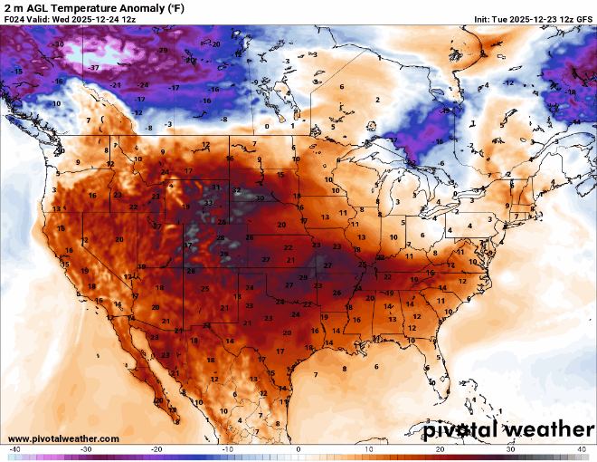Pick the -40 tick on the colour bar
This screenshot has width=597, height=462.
[14, 449]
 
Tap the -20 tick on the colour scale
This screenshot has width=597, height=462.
[156, 449]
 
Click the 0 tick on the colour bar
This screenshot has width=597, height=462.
[298, 449]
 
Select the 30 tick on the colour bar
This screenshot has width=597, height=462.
[511, 449]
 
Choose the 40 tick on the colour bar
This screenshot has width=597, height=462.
[582, 449]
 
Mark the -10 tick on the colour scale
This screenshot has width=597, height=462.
[227, 449]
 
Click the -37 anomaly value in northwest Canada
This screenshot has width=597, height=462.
[93, 68]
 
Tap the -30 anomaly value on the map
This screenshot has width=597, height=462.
[59, 43]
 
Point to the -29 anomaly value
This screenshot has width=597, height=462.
[163, 51]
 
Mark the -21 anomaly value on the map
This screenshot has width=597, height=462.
[116, 85]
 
